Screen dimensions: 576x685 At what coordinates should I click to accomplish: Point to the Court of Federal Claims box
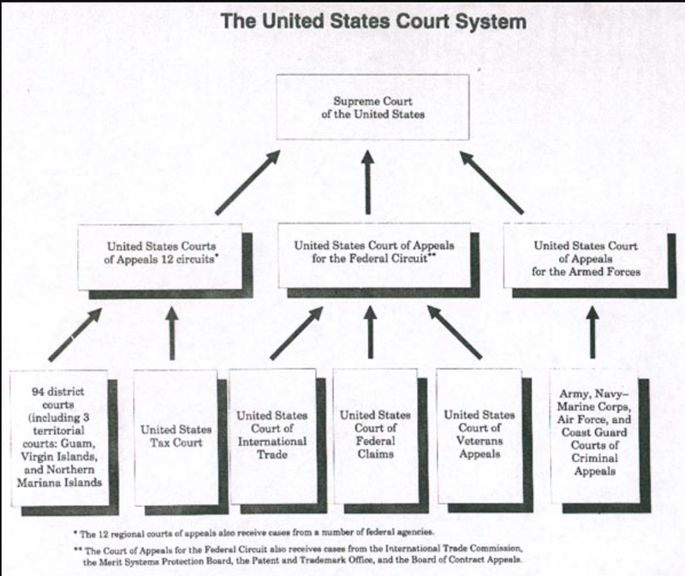374,436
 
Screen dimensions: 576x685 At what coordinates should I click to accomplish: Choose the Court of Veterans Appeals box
478,436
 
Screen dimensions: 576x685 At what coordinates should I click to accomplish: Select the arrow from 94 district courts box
74,335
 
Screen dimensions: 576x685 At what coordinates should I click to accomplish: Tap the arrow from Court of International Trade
296,334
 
